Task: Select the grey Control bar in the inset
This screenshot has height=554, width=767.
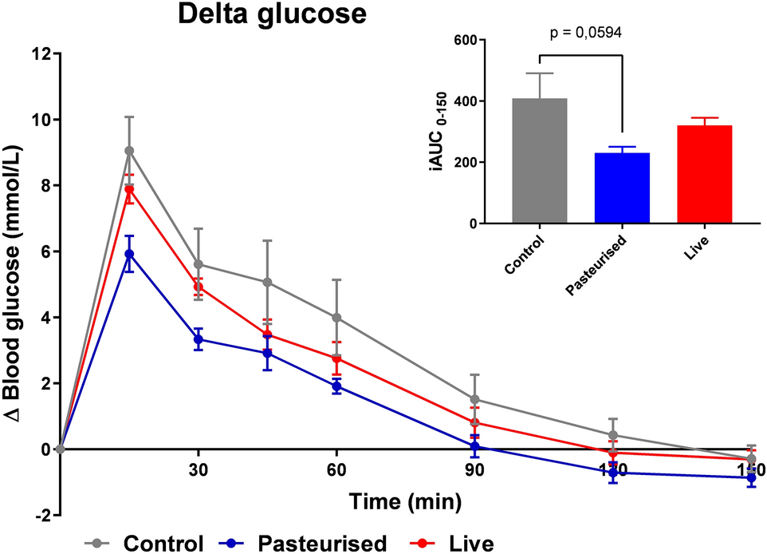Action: coord(540,160)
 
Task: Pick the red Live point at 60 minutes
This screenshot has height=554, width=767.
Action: coord(336,358)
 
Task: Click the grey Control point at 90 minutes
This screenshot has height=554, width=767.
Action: coord(474,399)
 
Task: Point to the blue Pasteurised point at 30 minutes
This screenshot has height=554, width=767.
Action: coord(198,339)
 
